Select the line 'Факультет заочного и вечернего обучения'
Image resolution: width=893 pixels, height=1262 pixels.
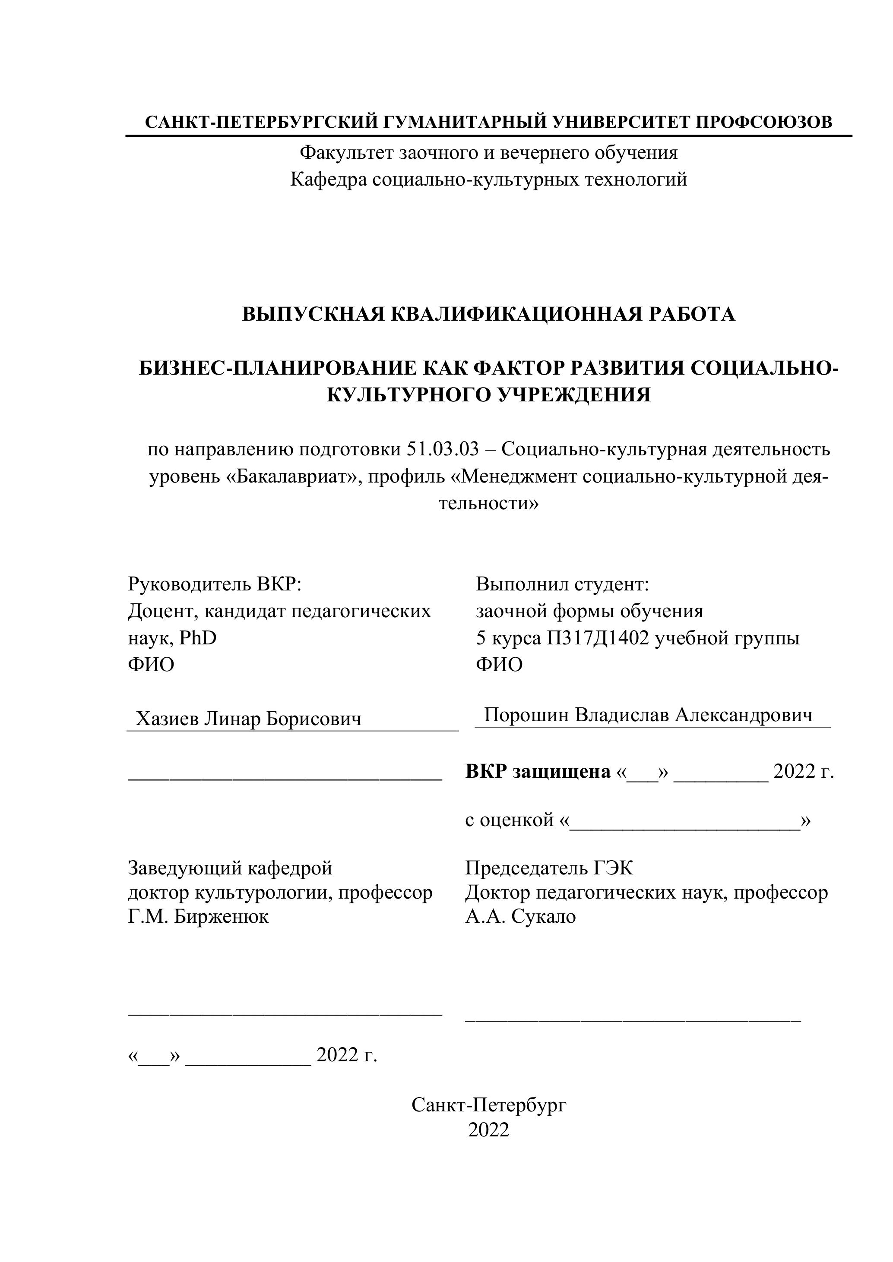coord(488,153)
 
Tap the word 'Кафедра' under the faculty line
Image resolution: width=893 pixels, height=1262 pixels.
coord(328,179)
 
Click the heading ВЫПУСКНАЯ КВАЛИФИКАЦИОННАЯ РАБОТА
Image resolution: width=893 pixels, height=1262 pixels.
coord(488,314)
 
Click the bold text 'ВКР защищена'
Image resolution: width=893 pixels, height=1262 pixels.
coord(538,772)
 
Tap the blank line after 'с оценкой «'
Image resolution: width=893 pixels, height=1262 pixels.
coord(684,820)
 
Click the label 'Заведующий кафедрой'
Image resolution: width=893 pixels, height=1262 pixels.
coord(230,868)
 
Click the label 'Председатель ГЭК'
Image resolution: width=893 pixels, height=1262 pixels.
coord(549,868)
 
